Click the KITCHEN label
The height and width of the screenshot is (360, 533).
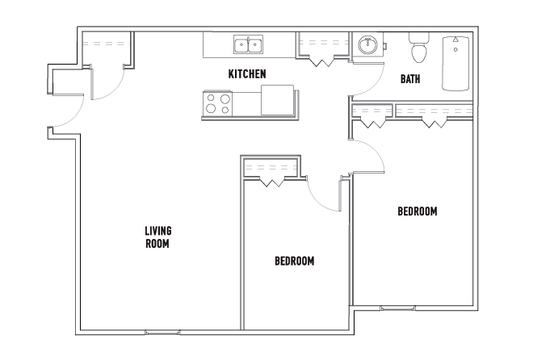point(247,74)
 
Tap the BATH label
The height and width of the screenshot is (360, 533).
point(410,79)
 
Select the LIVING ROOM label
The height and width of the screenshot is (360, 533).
point(158,237)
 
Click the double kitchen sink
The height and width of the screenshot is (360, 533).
point(248,44)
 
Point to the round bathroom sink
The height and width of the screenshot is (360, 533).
point(367,45)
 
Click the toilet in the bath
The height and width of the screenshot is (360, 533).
point(419,48)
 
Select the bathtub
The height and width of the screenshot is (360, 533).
point(455,64)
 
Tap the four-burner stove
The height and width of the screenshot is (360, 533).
point(217,103)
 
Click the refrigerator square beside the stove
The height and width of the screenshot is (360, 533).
point(277,100)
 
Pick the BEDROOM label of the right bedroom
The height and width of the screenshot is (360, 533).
point(418,211)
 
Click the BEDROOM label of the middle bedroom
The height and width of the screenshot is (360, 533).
point(295,261)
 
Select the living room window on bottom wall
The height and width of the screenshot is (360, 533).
point(162,332)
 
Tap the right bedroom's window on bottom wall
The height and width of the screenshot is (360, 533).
point(397,308)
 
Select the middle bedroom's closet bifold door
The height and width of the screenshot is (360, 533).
point(272,182)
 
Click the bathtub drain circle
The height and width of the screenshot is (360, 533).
point(455,50)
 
